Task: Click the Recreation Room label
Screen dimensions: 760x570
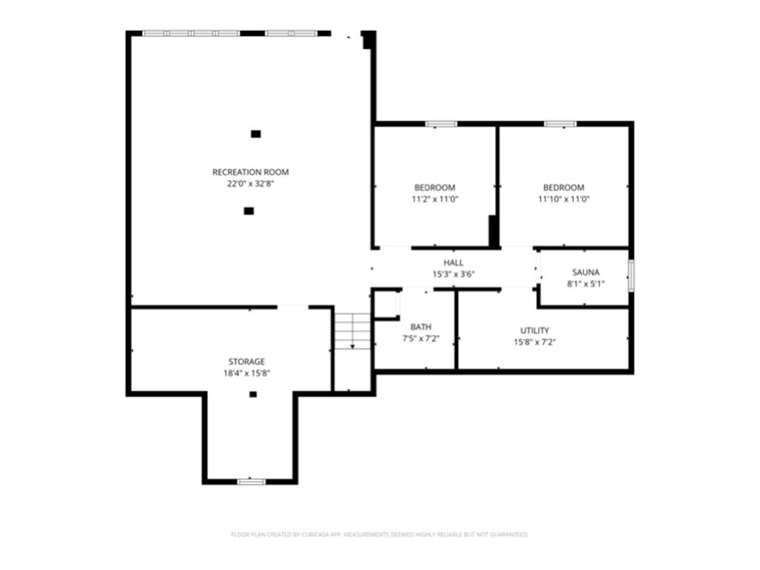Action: (251, 172)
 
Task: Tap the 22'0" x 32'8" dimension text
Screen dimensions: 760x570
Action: (251, 184)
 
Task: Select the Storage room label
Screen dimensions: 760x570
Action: (246, 361)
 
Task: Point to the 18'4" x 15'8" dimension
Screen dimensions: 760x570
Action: (246, 373)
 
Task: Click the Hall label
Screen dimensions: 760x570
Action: (453, 263)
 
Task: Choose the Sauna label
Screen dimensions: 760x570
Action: (586, 272)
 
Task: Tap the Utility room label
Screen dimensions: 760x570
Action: (534, 330)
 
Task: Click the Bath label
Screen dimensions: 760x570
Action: (421, 327)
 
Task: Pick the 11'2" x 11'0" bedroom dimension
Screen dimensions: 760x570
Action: (435, 199)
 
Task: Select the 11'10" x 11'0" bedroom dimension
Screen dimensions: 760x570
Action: (564, 199)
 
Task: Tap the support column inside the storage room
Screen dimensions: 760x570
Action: (253, 395)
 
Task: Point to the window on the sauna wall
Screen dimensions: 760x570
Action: (631, 276)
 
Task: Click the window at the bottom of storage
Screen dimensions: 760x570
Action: (252, 481)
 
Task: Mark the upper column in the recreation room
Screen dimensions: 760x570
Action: (256, 134)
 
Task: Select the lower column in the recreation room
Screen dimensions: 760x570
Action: (249, 211)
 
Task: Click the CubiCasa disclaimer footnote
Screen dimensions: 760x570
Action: (379, 534)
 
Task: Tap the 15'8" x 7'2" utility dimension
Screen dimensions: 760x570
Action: (534, 342)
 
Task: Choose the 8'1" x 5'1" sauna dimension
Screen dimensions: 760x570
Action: (586, 284)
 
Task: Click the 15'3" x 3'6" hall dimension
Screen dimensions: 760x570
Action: (453, 275)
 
